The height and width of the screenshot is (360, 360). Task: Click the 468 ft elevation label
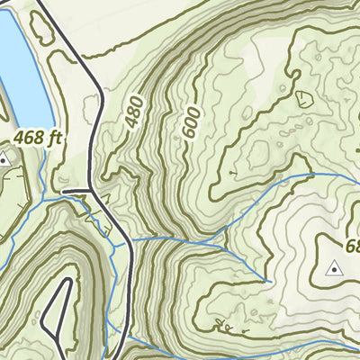(x=37, y=139)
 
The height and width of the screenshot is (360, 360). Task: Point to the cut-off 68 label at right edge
(x=351, y=246)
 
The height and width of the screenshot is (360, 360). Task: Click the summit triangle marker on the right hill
(x=335, y=267)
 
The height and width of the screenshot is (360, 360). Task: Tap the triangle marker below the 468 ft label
(x=4, y=160)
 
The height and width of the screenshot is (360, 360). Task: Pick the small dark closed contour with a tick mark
(x=301, y=97)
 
